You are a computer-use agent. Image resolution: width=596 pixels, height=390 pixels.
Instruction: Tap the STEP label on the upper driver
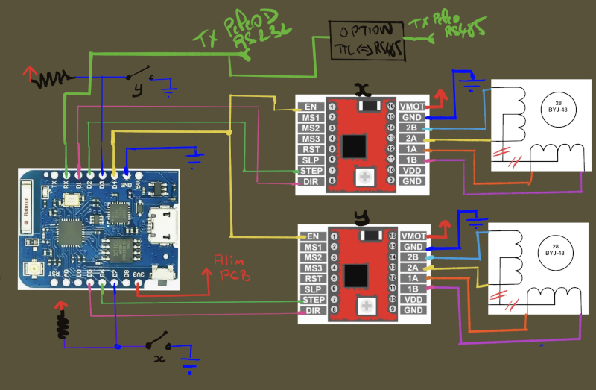point(309,171)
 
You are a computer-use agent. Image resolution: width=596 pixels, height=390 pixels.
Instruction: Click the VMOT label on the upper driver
point(412,107)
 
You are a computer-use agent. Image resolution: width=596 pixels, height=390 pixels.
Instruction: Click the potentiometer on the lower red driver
point(366,304)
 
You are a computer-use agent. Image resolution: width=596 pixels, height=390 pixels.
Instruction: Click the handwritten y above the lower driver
point(362,217)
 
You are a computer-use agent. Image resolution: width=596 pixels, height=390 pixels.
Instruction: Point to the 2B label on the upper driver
point(412,128)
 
